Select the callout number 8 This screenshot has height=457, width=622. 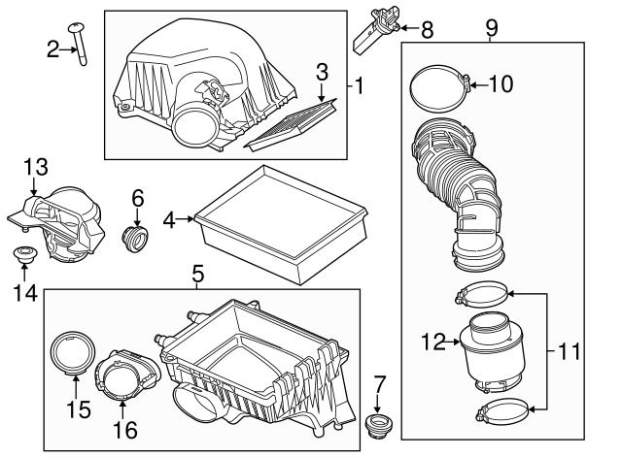(x=427, y=29)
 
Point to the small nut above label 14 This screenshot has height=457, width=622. (x=23, y=255)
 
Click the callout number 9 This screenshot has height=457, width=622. (x=491, y=29)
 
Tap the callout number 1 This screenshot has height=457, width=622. (x=360, y=84)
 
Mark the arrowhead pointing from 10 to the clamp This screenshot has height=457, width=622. (x=470, y=84)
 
